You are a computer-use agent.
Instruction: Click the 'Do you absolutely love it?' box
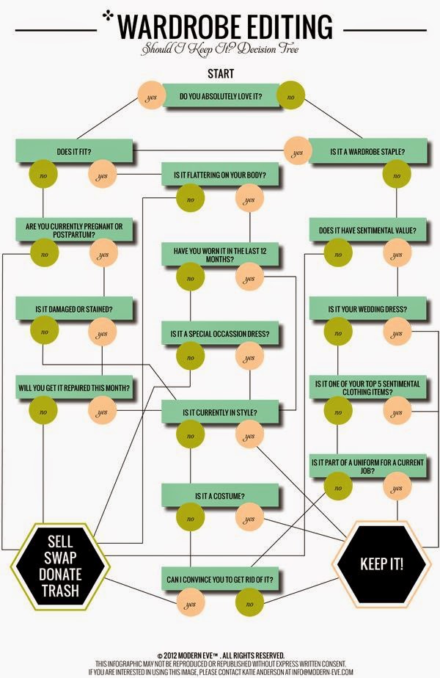click(x=221, y=95)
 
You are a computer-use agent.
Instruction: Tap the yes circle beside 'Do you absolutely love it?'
click(x=151, y=95)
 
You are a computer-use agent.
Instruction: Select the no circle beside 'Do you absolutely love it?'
click(x=290, y=95)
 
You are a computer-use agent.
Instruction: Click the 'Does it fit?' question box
click(x=74, y=151)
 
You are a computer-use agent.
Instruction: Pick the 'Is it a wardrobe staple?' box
click(x=368, y=151)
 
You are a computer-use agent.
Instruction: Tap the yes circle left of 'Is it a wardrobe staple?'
click(x=298, y=151)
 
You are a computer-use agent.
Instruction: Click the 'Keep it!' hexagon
click(x=381, y=564)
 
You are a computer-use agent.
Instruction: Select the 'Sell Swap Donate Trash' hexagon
click(x=61, y=566)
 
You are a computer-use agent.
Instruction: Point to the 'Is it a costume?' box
click(x=221, y=495)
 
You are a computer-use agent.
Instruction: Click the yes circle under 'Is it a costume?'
click(x=249, y=519)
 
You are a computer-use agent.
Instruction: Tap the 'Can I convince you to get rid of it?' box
click(x=221, y=578)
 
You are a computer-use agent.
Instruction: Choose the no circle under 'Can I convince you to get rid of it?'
click(x=249, y=602)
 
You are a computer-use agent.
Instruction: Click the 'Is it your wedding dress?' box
click(x=368, y=309)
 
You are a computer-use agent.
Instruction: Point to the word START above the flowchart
click(x=221, y=73)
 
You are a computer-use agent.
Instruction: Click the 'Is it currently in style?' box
click(x=221, y=412)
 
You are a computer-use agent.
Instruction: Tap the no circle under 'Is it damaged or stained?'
click(x=44, y=331)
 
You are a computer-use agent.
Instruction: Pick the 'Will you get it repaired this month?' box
click(x=74, y=387)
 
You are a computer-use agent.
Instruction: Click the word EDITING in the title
click(x=287, y=27)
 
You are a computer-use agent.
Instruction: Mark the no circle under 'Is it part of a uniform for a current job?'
click(x=338, y=486)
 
